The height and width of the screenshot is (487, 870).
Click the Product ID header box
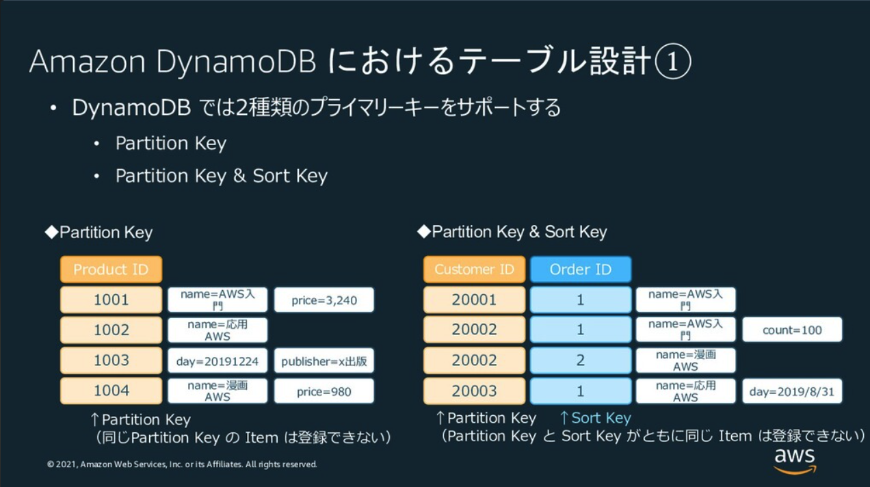(x=111, y=269)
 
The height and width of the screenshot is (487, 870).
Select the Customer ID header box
(x=474, y=269)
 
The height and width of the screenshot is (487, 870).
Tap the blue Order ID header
(x=580, y=269)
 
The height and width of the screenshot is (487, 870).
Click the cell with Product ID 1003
(x=111, y=360)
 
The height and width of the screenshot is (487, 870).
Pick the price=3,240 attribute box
(x=324, y=300)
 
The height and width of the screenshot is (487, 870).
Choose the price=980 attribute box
(x=324, y=391)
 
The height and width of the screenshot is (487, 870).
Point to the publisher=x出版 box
(x=324, y=361)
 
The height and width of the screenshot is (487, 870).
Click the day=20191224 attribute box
(x=217, y=361)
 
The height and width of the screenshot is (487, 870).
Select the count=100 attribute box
(x=792, y=330)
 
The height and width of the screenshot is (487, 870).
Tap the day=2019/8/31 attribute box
(x=792, y=391)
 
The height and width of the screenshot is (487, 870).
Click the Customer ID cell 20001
(x=474, y=300)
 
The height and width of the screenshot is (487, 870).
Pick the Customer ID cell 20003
(x=474, y=391)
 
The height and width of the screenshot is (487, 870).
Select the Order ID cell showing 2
(x=580, y=360)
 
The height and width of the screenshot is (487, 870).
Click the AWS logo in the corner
(x=795, y=460)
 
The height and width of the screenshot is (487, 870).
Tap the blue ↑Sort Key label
(x=594, y=418)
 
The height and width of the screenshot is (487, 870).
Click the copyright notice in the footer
(x=182, y=464)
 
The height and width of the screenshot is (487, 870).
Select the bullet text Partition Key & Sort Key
(x=221, y=176)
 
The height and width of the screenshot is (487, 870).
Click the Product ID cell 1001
(x=111, y=300)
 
